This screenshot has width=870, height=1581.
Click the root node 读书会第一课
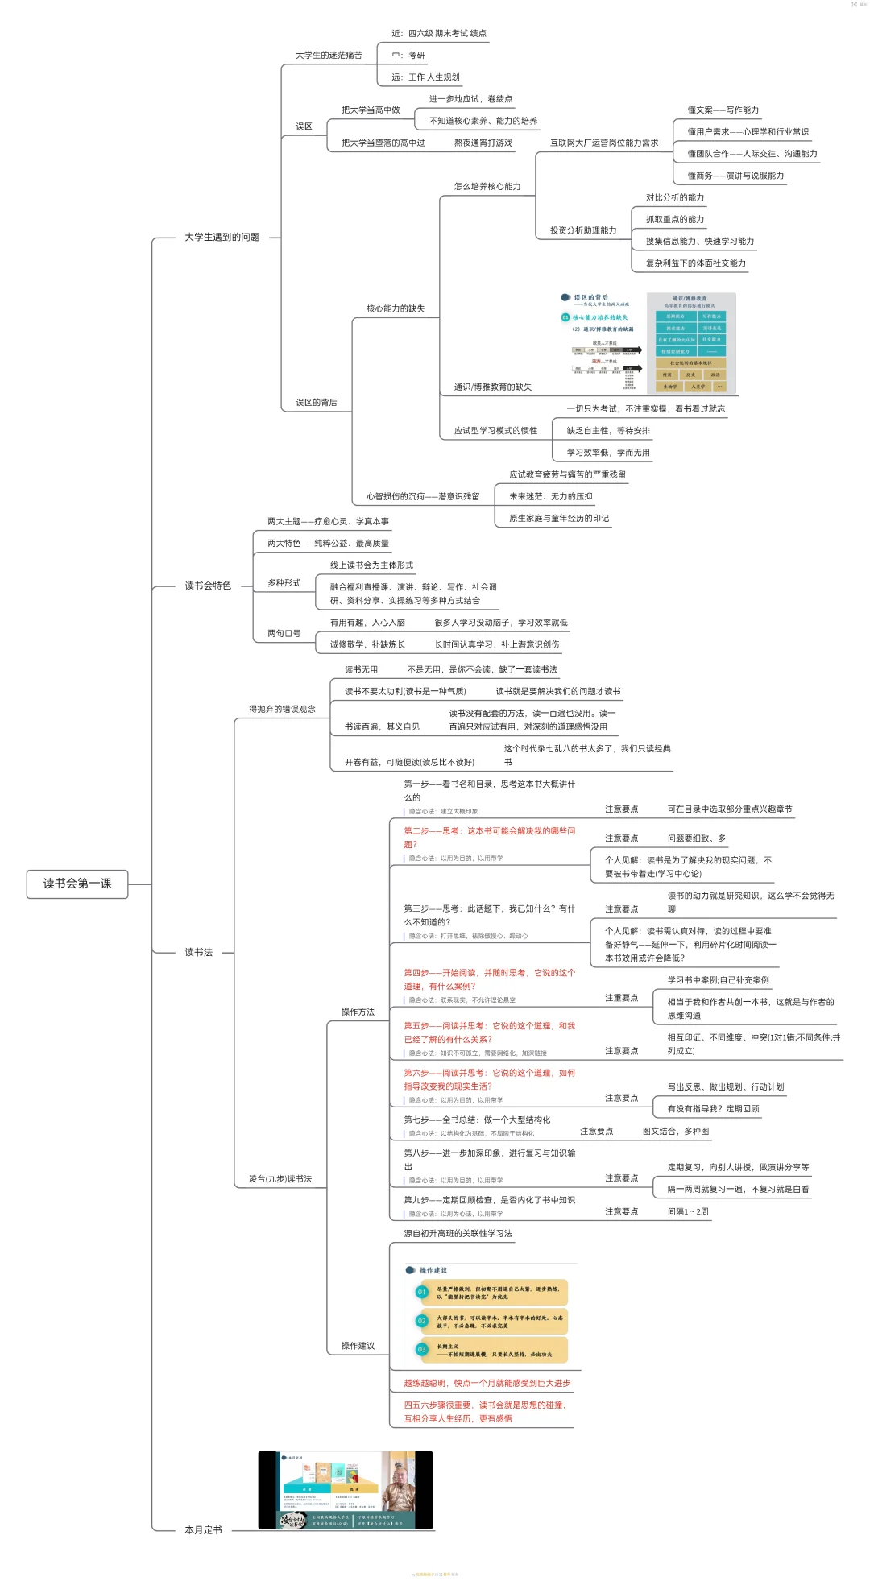point(77,884)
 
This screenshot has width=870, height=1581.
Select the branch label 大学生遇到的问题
point(222,238)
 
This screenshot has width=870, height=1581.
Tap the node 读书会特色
point(208,586)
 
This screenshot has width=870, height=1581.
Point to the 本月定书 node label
point(203,1530)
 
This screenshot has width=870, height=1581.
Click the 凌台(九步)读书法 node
point(280,1179)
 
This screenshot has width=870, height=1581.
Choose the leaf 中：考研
point(408,56)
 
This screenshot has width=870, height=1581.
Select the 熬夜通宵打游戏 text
point(483,143)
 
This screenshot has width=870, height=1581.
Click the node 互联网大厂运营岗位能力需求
point(604,143)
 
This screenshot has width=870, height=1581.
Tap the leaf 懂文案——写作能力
point(723,110)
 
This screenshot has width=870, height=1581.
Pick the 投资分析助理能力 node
point(583,230)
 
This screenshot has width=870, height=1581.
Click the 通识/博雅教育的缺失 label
point(493,387)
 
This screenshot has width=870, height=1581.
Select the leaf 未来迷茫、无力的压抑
point(551,497)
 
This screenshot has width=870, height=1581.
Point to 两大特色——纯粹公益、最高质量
point(329,544)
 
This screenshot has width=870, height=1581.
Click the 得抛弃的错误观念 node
point(282,710)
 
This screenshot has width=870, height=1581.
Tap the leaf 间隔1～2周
point(688,1211)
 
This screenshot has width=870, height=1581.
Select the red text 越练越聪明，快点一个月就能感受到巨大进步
point(487,1383)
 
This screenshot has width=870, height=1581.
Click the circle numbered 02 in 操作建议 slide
point(421,1321)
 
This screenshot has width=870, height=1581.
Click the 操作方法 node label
point(358,1012)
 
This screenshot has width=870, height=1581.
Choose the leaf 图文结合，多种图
point(676,1132)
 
